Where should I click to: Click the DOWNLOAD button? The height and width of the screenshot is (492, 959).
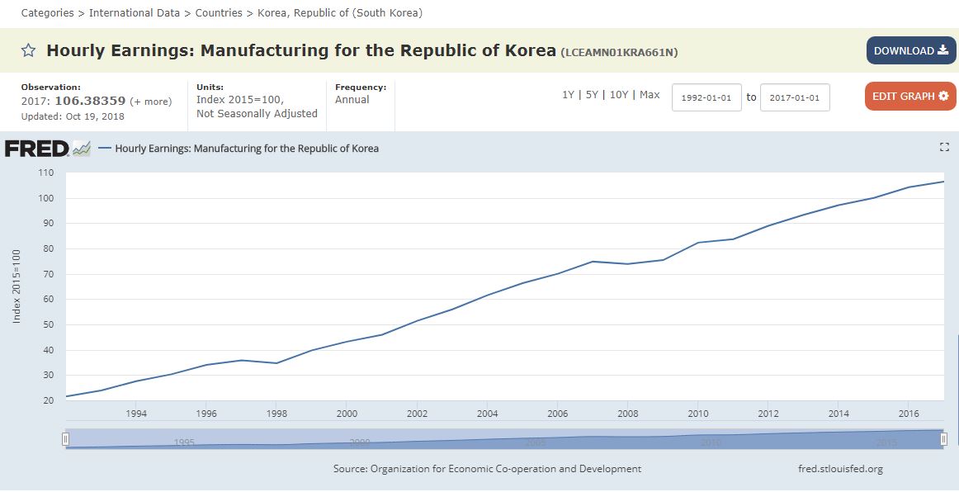coord(910,50)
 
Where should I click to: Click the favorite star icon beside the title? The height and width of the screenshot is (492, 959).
coord(28,51)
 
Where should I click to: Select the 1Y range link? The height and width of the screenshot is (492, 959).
coord(568,95)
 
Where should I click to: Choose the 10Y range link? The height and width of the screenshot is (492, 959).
coord(619,95)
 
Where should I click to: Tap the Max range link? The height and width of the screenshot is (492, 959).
coord(650,95)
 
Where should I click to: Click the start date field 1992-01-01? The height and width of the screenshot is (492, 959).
coord(706,97)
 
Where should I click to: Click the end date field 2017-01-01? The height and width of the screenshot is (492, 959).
coord(794,97)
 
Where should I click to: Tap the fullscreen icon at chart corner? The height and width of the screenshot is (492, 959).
coord(944,147)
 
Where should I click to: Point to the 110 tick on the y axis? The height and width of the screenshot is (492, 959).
coord(45,173)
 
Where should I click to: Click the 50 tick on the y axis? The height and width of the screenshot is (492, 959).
coord(48,325)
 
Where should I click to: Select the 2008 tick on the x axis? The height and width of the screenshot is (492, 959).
coord(628,414)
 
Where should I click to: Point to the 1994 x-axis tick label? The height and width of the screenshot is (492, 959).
coord(137,414)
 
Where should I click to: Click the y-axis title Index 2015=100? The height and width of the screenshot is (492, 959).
coord(17,286)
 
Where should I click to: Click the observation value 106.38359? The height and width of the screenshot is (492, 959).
coord(90,102)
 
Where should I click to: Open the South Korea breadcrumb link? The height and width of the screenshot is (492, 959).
coord(339,13)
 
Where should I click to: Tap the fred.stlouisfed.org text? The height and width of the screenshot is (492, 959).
coord(840,469)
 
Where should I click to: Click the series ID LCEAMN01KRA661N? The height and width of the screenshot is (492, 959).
coord(619,52)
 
